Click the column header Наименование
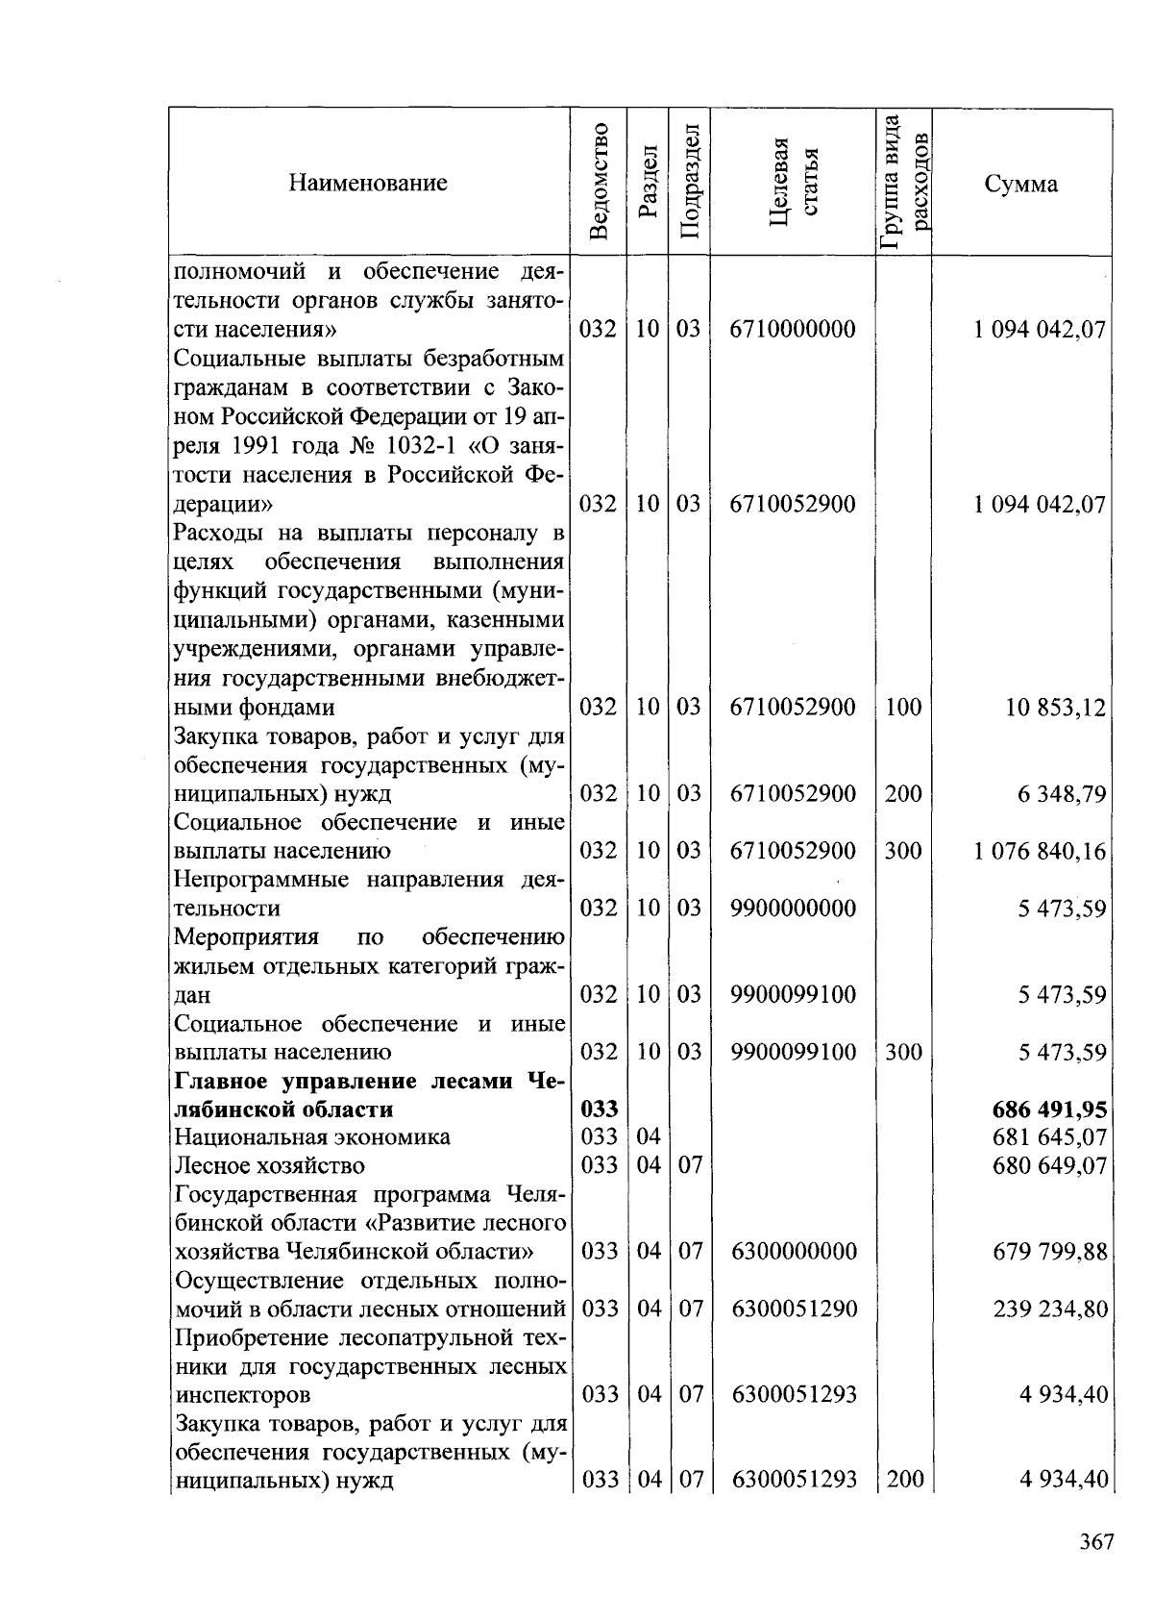click(x=368, y=183)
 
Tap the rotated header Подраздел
click(x=689, y=182)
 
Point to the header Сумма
click(x=1020, y=184)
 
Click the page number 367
click(x=1095, y=1542)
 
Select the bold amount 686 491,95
click(x=1049, y=1110)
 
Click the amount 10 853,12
click(x=1055, y=709)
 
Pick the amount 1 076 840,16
click(x=1040, y=852)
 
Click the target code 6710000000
click(x=793, y=330)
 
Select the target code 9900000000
click(x=793, y=909)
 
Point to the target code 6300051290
click(x=793, y=1309)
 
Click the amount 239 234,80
click(x=1049, y=1309)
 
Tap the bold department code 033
click(x=600, y=1110)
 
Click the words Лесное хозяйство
click(x=269, y=1166)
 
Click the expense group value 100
click(x=903, y=709)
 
